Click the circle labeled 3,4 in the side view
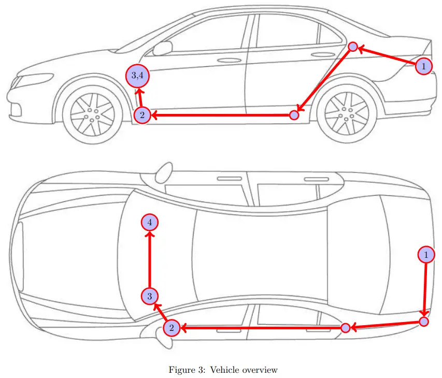tap(138, 77)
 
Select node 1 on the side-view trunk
tap(424, 66)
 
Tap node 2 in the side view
tap(142, 115)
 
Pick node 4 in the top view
tap(150, 222)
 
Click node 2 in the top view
tap(172, 328)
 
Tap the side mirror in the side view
tap(163, 48)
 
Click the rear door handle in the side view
tap(324, 54)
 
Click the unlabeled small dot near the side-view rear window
tap(352, 47)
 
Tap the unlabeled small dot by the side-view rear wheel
tap(294, 115)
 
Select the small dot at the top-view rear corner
tap(424, 322)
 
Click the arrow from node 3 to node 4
tap(150, 259)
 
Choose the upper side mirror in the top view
tap(164, 170)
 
